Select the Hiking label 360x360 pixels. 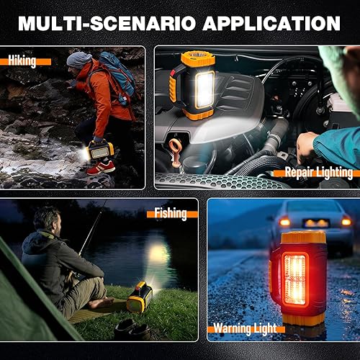[x=22, y=60]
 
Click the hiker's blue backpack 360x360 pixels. [x=120, y=76]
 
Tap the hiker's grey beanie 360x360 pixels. [x=78, y=59]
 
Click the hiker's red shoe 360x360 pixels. [x=102, y=168]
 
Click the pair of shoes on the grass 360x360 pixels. [x=133, y=330]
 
